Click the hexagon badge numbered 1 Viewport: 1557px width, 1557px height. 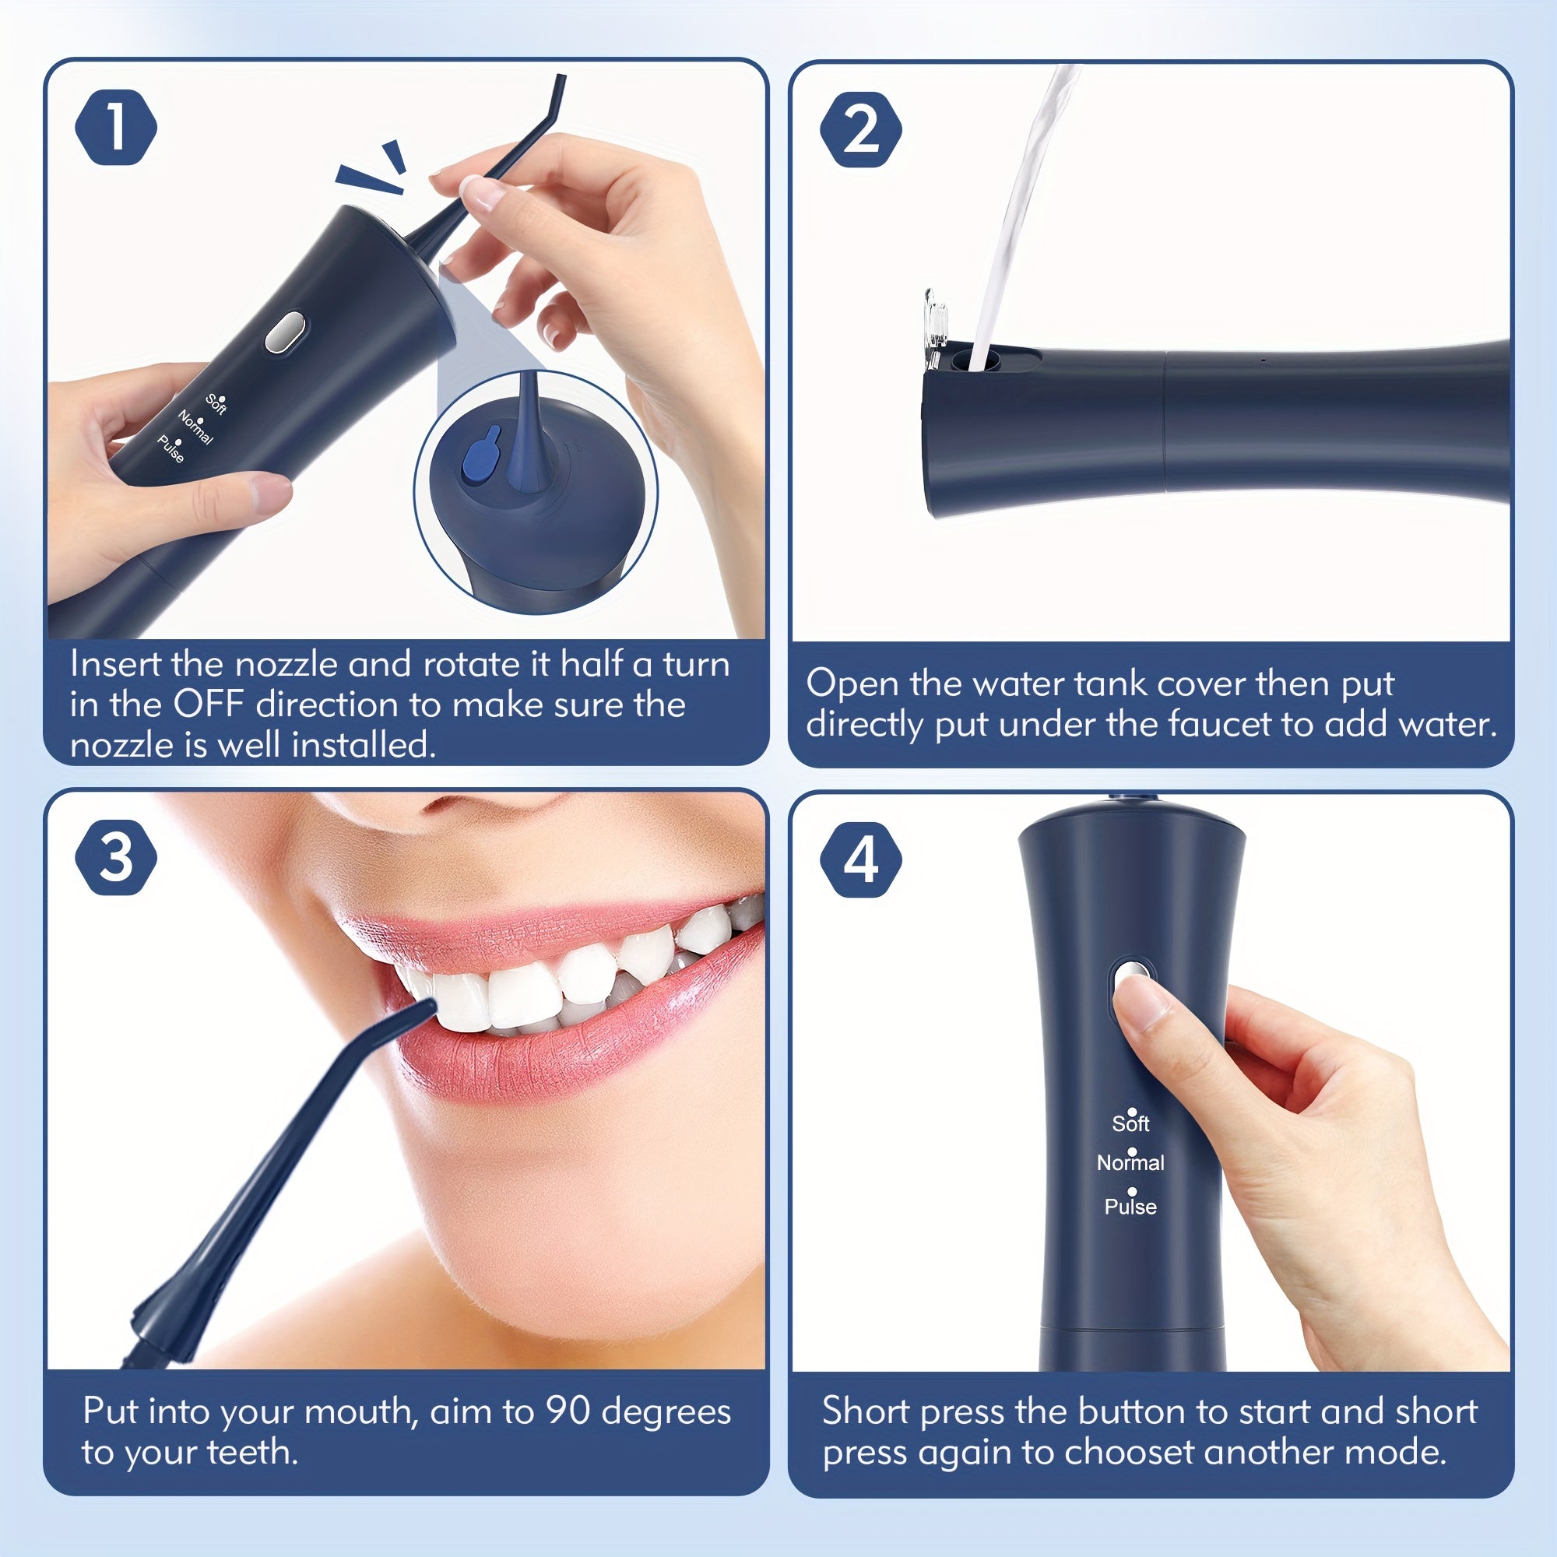coord(116,128)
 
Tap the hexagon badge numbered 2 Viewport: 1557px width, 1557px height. coord(861,129)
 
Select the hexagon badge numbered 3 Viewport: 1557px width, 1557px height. coord(116,856)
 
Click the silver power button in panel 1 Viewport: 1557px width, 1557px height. coord(285,332)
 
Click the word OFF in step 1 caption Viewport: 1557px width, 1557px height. coord(209,705)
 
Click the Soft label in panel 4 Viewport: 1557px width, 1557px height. coord(1130,1123)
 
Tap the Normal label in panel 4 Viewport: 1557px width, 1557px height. coord(1130,1163)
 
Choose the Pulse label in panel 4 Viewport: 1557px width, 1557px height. coord(1130,1207)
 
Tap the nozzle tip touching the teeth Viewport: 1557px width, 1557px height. coord(425,1007)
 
